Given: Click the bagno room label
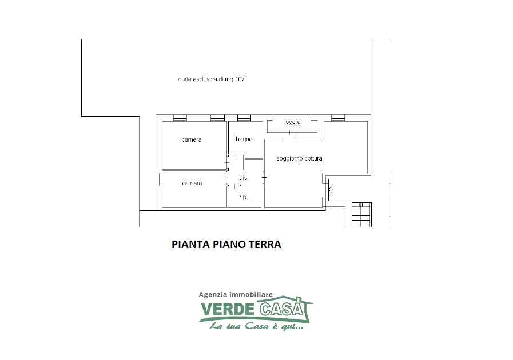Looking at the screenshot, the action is (x=244, y=139).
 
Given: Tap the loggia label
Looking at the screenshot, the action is (x=292, y=122).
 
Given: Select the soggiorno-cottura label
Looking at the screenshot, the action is (x=299, y=159).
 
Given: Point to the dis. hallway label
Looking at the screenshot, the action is (x=244, y=178).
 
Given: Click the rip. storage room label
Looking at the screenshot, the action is (x=244, y=197).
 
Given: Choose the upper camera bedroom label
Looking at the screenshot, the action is (x=192, y=139).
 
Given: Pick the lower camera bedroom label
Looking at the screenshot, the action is (x=192, y=183).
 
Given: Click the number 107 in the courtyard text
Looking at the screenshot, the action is (x=240, y=79).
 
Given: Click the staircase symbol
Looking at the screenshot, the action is (x=361, y=214).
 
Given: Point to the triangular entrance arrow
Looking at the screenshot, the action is (x=331, y=189).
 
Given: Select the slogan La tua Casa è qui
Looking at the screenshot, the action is (x=256, y=326).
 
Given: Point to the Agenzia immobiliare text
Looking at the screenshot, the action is (x=236, y=295).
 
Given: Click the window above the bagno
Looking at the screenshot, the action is (x=244, y=118).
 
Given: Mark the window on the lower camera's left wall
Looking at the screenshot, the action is (x=160, y=179).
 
